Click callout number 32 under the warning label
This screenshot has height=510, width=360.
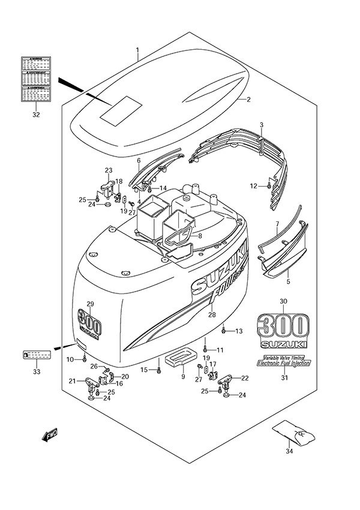coord(37,114)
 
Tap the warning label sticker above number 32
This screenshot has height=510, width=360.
coord(37,79)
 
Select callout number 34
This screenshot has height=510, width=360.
coord(289,451)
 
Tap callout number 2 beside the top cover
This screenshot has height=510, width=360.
coord(248,100)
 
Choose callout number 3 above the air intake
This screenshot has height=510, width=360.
coord(262,125)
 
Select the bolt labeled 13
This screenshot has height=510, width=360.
coord(224,329)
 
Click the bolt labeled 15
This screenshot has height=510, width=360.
coord(158,370)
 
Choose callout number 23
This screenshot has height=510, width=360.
coord(109,170)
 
